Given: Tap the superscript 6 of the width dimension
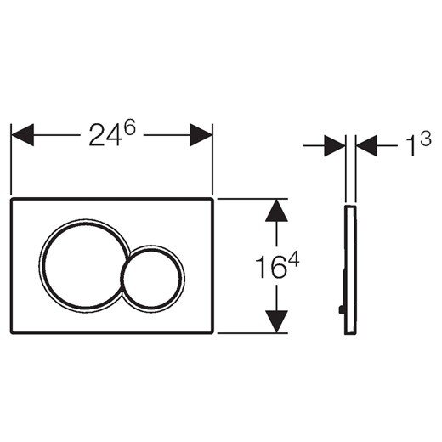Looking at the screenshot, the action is tap(130, 127).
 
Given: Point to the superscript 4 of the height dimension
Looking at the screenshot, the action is tap(293, 260).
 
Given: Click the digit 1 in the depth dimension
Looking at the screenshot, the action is tap(411, 145).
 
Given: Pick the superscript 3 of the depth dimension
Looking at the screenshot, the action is tap(426, 138).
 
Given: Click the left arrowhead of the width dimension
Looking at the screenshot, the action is tap(22, 135).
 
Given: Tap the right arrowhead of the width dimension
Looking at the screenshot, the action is tap(201, 135).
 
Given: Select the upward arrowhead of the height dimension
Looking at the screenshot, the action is tap(276, 210).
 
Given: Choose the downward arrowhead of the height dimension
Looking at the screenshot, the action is tap(276, 321).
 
